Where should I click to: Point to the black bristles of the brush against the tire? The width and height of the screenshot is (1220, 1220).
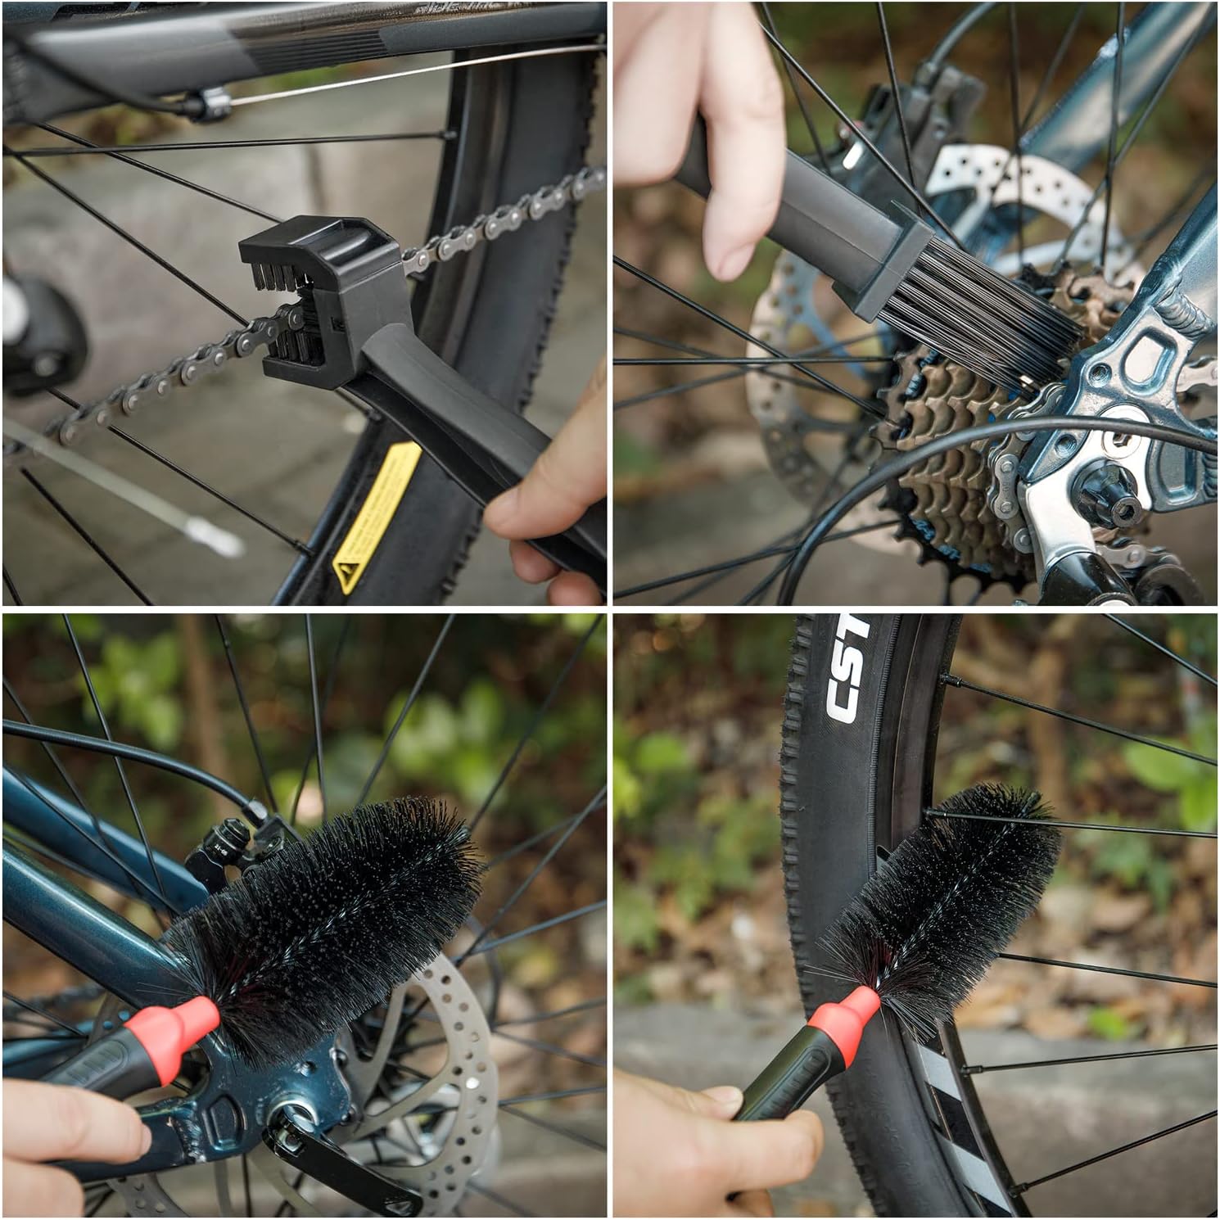950,892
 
